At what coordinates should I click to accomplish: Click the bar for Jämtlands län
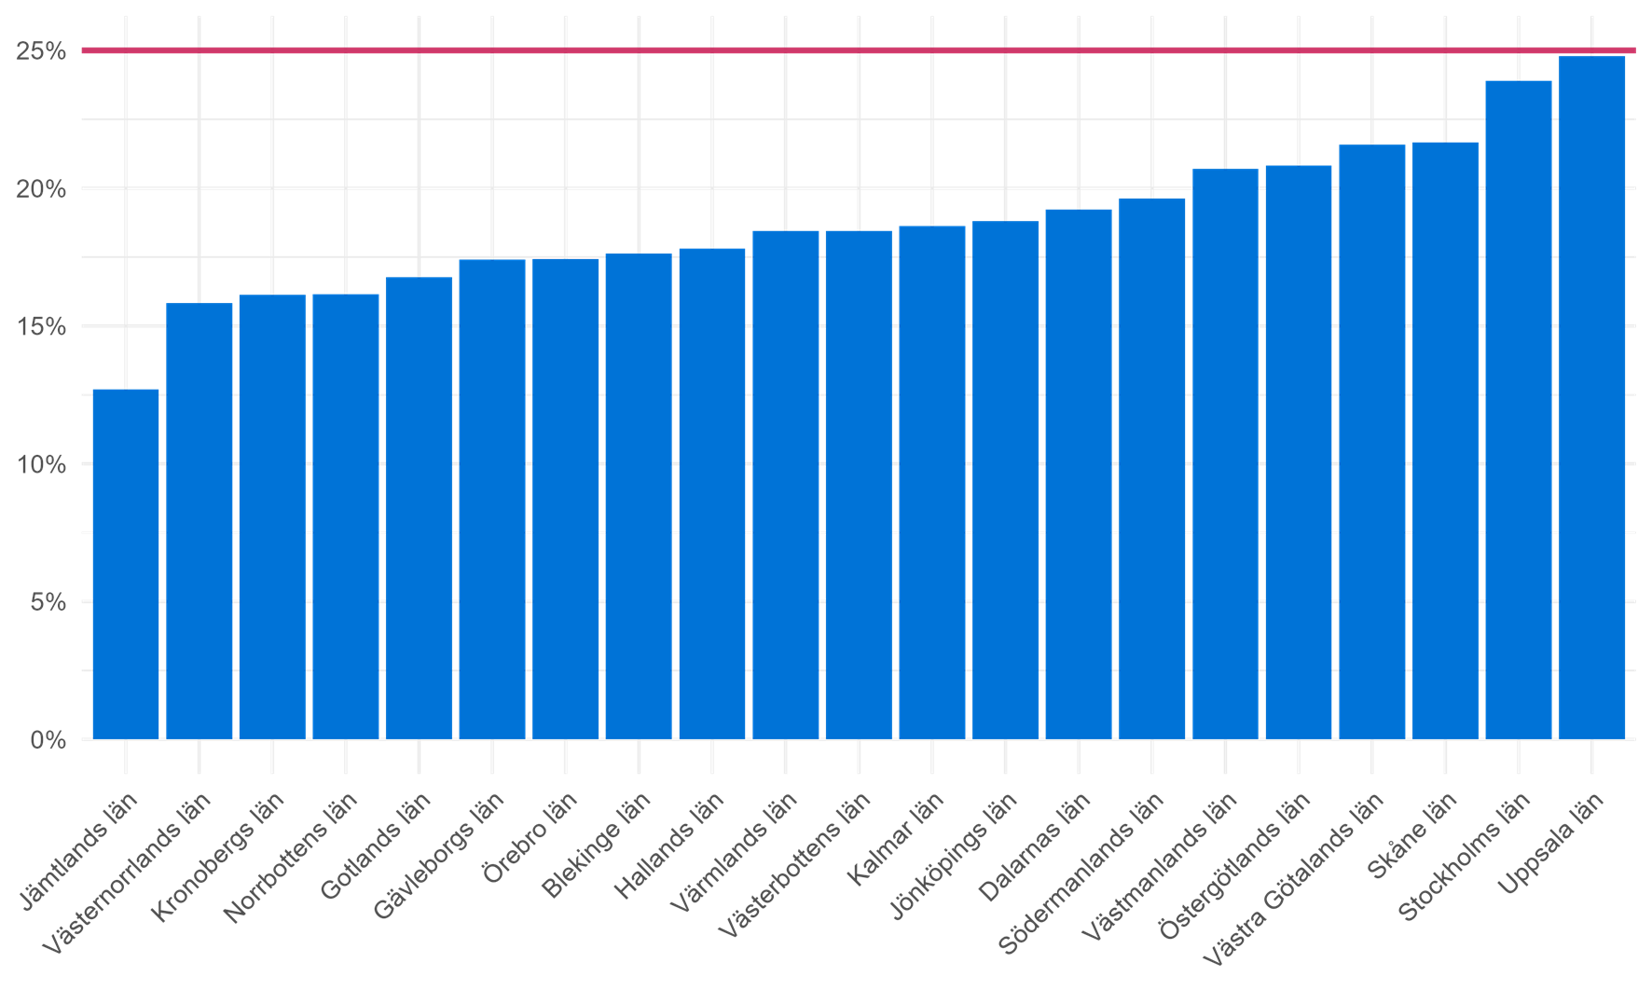point(126,564)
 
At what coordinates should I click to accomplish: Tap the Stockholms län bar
point(1519,410)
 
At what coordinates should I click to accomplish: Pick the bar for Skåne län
point(1445,441)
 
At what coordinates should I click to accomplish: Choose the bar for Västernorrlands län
point(200,521)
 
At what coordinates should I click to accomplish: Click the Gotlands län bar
point(419,508)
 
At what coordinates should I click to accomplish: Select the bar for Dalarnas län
point(1079,474)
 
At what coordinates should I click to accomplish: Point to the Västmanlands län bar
point(1225,454)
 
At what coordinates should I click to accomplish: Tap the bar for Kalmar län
point(932,483)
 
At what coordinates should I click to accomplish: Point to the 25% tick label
point(41,51)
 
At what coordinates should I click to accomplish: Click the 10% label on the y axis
point(41,465)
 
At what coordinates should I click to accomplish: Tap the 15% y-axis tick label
point(41,327)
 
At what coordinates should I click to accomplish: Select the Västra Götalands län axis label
point(1292,882)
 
